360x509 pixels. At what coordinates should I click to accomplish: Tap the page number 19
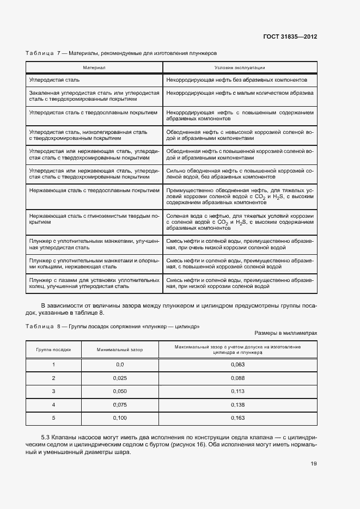click(313, 464)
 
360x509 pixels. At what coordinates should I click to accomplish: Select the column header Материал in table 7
click(94, 68)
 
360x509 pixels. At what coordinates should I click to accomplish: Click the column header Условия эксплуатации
click(240, 68)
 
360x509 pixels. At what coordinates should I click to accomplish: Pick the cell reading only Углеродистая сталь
click(54, 80)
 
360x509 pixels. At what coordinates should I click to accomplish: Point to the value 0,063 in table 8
click(238, 364)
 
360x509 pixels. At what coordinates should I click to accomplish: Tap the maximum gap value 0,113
click(238, 391)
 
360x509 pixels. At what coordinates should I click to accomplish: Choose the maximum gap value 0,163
click(238, 418)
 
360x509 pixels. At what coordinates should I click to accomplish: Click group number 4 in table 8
click(53, 404)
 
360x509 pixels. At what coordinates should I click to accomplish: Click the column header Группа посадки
click(53, 349)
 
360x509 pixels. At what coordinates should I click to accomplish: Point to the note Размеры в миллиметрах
click(285, 333)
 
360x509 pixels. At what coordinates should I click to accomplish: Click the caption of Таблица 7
click(121, 53)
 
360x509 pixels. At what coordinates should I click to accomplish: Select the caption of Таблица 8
click(113, 326)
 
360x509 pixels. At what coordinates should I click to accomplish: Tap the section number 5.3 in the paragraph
click(46, 438)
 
